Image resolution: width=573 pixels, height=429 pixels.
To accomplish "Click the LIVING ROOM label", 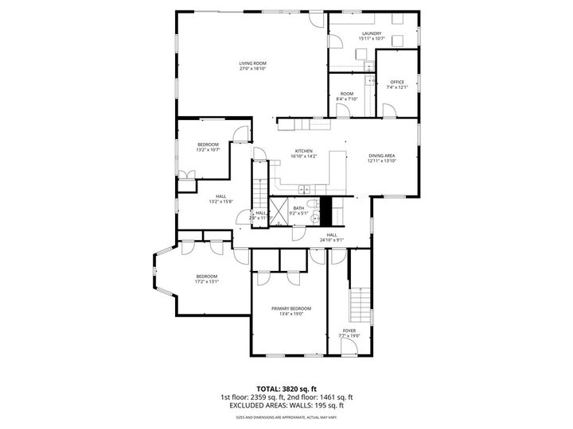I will (x=252, y=63).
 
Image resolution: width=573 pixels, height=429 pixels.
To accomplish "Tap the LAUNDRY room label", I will (x=371, y=33).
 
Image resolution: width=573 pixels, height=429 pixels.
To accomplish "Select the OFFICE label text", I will (x=396, y=82).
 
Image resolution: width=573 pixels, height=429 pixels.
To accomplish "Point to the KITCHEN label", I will (x=304, y=151).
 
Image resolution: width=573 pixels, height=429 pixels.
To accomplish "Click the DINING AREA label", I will (x=382, y=156).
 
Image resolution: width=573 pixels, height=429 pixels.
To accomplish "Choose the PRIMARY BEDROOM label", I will (x=290, y=308).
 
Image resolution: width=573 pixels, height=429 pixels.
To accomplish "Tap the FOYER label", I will (x=349, y=330).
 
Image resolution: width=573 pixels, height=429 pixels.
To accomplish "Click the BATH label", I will (x=298, y=208).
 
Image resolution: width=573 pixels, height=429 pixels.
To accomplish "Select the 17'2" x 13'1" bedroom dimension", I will (x=206, y=281).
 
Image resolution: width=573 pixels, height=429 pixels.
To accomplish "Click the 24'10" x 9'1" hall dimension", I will (x=331, y=240).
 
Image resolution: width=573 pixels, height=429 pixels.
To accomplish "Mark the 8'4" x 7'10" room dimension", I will (x=347, y=99).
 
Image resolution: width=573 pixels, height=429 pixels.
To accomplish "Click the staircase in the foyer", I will (x=362, y=302).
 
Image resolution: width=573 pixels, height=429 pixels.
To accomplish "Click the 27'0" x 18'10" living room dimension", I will (x=252, y=68).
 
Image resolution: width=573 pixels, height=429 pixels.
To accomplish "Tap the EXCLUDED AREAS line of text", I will (x=286, y=406).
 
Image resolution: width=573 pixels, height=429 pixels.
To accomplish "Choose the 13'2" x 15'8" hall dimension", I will (x=220, y=202).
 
